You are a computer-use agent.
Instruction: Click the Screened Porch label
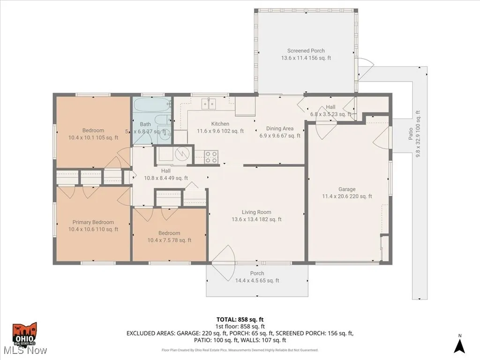pyautogui.click(x=306, y=51)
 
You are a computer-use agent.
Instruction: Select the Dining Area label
pyautogui.click(x=280, y=128)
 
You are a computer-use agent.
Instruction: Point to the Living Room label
pyautogui.click(x=256, y=212)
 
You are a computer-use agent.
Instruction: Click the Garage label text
pyautogui.click(x=347, y=189)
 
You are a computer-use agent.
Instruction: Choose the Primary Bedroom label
pyautogui.click(x=93, y=222)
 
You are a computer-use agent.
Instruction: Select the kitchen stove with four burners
pyautogui.click(x=211, y=157)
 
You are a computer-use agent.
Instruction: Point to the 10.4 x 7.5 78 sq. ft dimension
pyautogui.click(x=169, y=240)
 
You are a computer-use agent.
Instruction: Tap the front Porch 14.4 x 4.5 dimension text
pyautogui.click(x=257, y=281)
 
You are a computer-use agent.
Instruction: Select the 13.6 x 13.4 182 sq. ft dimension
pyautogui.click(x=256, y=219)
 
